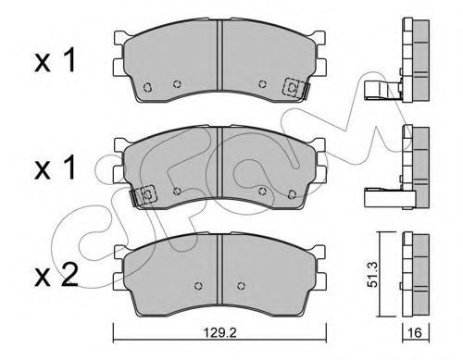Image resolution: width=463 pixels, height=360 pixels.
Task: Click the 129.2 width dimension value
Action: pos(219,332)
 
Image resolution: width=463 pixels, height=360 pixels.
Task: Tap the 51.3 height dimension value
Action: pos(373,275)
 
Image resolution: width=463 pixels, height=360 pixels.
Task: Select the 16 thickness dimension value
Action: pos(415,332)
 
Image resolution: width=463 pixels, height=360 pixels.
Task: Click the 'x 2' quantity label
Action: pos(56,276)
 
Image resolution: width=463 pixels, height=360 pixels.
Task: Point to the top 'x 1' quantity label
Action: pos(55,61)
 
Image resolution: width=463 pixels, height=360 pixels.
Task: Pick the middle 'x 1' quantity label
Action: pos(55,168)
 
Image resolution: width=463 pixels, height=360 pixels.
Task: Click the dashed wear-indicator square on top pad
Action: pos(293,88)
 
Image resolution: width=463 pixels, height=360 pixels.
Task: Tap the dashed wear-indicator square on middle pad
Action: pos(148,194)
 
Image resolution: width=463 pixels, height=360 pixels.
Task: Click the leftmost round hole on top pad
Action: pos(147,87)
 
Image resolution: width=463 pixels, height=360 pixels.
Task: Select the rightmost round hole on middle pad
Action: pos(292,194)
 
